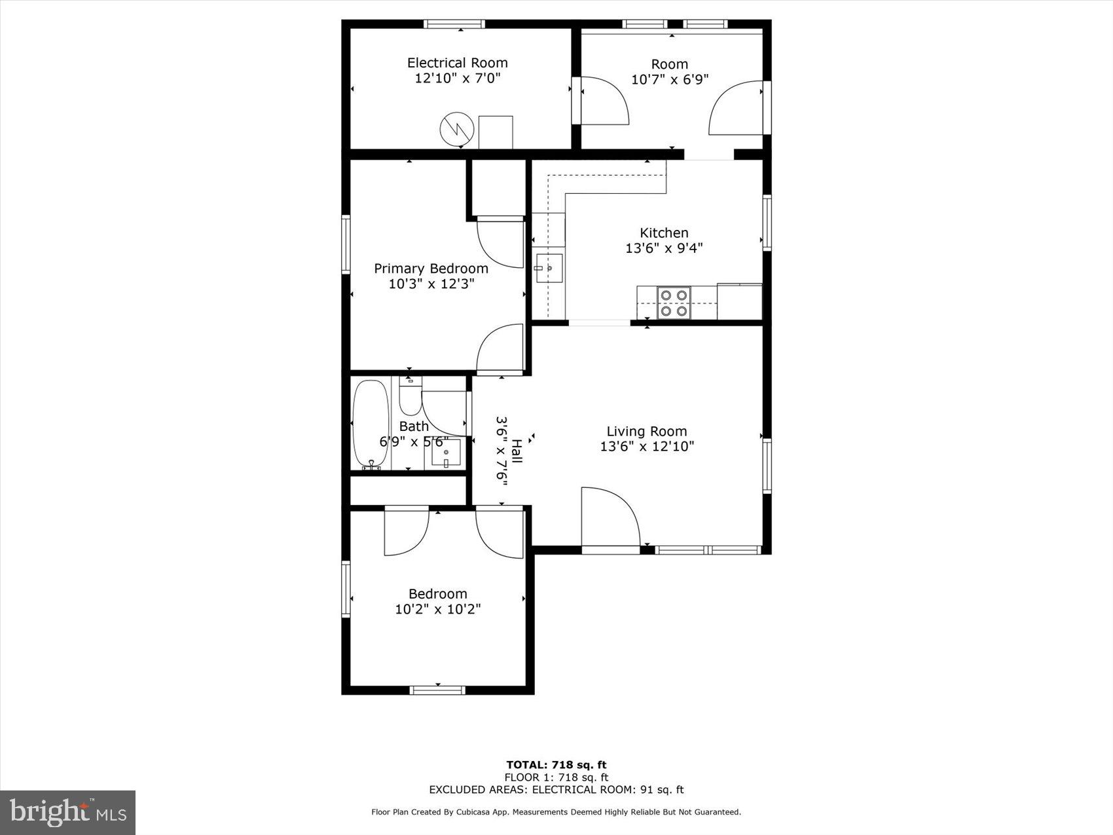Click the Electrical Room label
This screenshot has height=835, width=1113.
[457, 63]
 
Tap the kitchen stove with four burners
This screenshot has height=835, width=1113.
[674, 303]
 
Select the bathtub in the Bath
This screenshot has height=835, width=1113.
[371, 424]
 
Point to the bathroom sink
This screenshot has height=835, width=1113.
[447, 453]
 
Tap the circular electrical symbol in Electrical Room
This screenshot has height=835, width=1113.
[456, 129]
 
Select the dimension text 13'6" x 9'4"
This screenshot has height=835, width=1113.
[664, 248]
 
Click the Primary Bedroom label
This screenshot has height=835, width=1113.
[431, 269]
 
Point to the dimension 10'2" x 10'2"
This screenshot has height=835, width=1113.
[437, 610]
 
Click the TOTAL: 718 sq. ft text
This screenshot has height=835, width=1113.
[556, 764]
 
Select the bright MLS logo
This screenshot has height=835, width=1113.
[68, 813]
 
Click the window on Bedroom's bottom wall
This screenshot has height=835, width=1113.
[437, 690]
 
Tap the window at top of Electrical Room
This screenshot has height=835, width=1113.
[454, 24]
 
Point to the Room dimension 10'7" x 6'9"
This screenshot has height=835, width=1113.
[669, 80]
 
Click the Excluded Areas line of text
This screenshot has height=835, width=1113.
[556, 790]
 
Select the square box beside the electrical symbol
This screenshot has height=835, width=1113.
[496, 132]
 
